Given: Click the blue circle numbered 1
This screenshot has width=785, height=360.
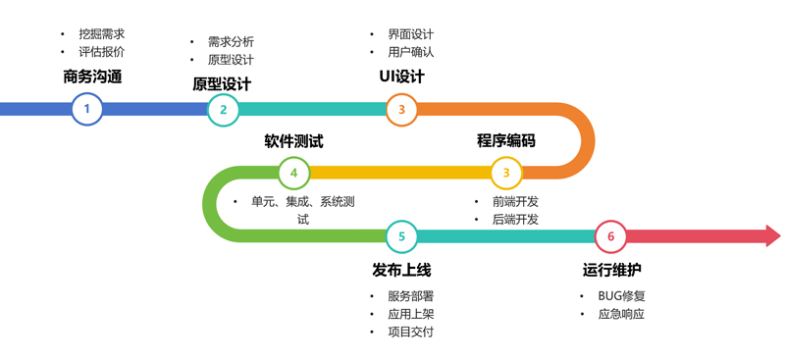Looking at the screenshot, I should (86, 109).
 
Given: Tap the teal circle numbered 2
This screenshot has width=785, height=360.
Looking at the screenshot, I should (223, 109).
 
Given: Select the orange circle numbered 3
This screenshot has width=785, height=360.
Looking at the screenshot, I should (401, 109).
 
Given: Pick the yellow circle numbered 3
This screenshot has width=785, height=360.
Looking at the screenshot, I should (506, 173).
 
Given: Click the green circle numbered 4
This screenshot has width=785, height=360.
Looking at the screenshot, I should (293, 173).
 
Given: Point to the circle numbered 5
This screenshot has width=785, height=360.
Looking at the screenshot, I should (401, 236).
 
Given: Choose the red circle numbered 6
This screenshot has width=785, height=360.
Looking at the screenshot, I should (610, 236).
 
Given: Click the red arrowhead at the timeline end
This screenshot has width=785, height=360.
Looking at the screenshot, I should (771, 236).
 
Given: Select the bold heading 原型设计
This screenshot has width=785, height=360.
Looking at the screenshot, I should (222, 83).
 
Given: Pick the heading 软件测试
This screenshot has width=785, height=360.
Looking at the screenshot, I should (293, 141).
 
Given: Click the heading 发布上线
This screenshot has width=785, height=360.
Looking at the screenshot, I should (401, 270).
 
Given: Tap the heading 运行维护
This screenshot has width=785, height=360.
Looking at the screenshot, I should (612, 270).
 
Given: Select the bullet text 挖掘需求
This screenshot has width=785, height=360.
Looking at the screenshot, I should (102, 33).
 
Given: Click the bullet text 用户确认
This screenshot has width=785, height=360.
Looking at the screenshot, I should (411, 52).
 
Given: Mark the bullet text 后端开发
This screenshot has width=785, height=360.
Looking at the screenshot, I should (515, 220).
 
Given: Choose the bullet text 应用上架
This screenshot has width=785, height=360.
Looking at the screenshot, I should (411, 314).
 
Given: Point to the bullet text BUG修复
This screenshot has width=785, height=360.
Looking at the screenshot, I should (621, 295).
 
